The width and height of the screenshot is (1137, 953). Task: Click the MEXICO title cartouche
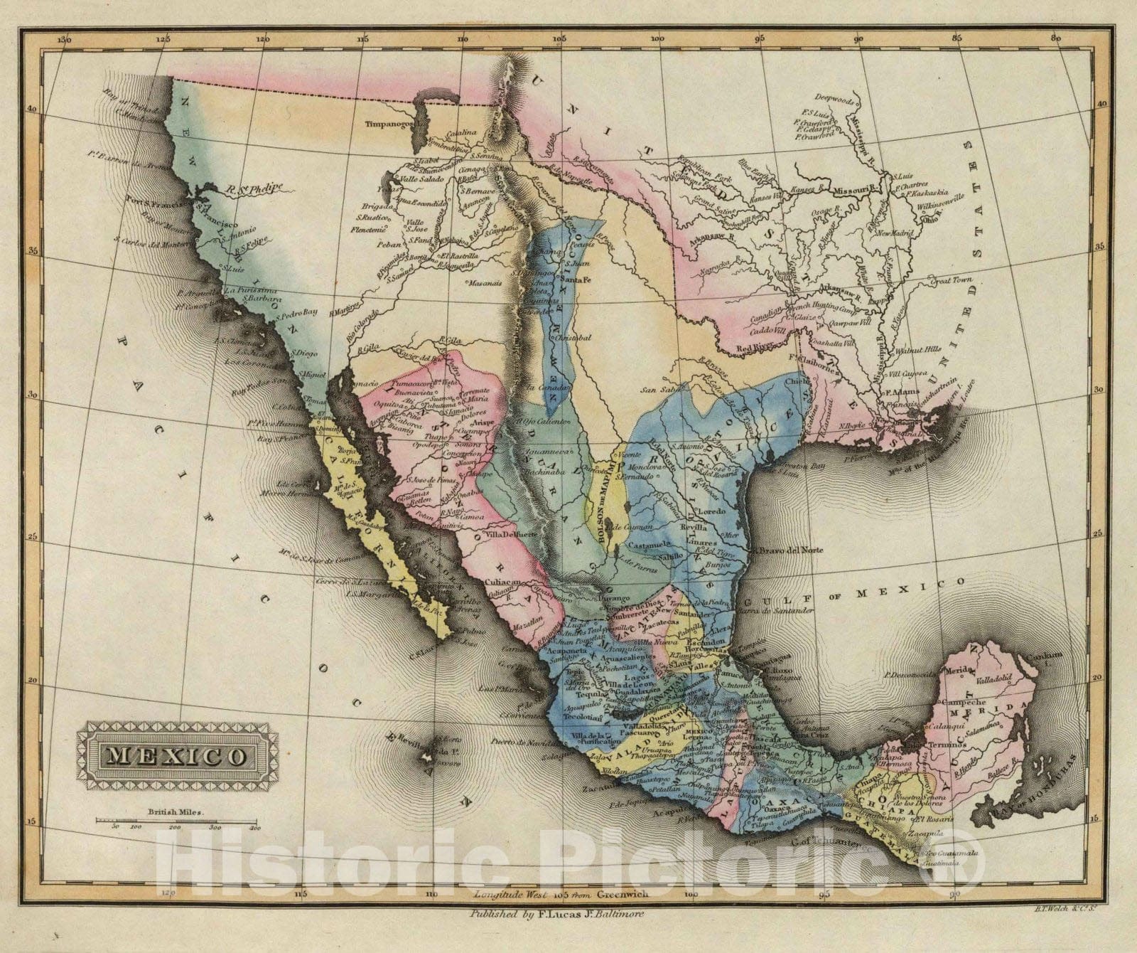173,754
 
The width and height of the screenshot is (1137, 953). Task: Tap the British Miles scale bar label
175,811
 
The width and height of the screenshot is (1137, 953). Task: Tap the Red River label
755,348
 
